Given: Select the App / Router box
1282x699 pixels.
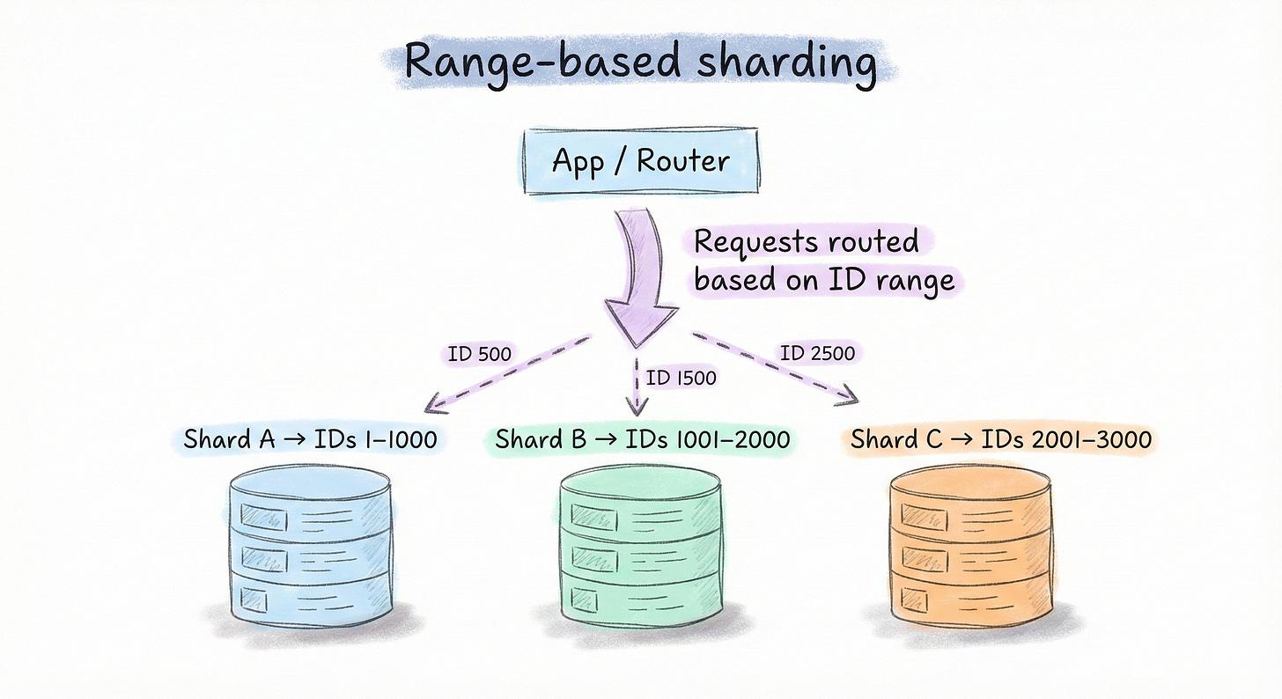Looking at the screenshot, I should click(x=640, y=162).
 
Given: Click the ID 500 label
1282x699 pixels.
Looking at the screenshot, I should click(x=479, y=355).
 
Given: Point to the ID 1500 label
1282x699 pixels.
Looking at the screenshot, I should click(x=681, y=378).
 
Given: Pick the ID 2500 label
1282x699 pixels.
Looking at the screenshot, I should click(x=816, y=354).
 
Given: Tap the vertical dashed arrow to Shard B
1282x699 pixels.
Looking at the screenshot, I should click(x=636, y=387).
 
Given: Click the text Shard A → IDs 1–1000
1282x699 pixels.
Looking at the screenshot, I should click(x=310, y=438).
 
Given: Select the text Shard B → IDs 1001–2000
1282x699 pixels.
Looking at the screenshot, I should click(x=642, y=438).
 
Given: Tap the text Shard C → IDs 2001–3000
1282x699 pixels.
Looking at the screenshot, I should click(x=1000, y=438).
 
